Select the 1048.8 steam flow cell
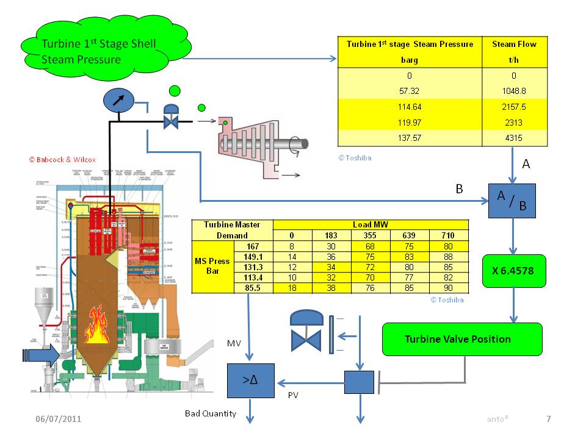[514, 90]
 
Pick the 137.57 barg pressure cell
[410, 138]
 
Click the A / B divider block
[512, 201]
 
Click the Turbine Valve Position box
[461, 339]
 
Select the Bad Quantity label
[211, 414]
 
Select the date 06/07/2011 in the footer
[59, 419]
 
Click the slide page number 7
[548, 419]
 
